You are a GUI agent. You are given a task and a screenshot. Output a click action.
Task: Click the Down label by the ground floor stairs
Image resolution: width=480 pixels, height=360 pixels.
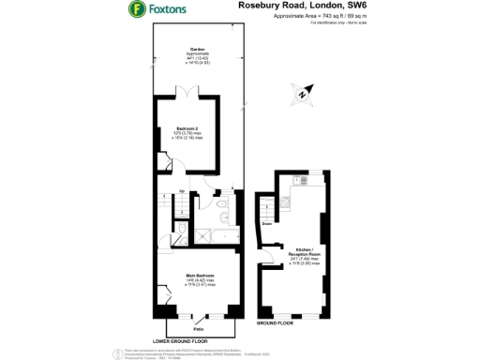coord(267,223)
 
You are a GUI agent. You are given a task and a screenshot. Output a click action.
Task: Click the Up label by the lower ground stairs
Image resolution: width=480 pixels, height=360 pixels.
coord(181,192)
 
